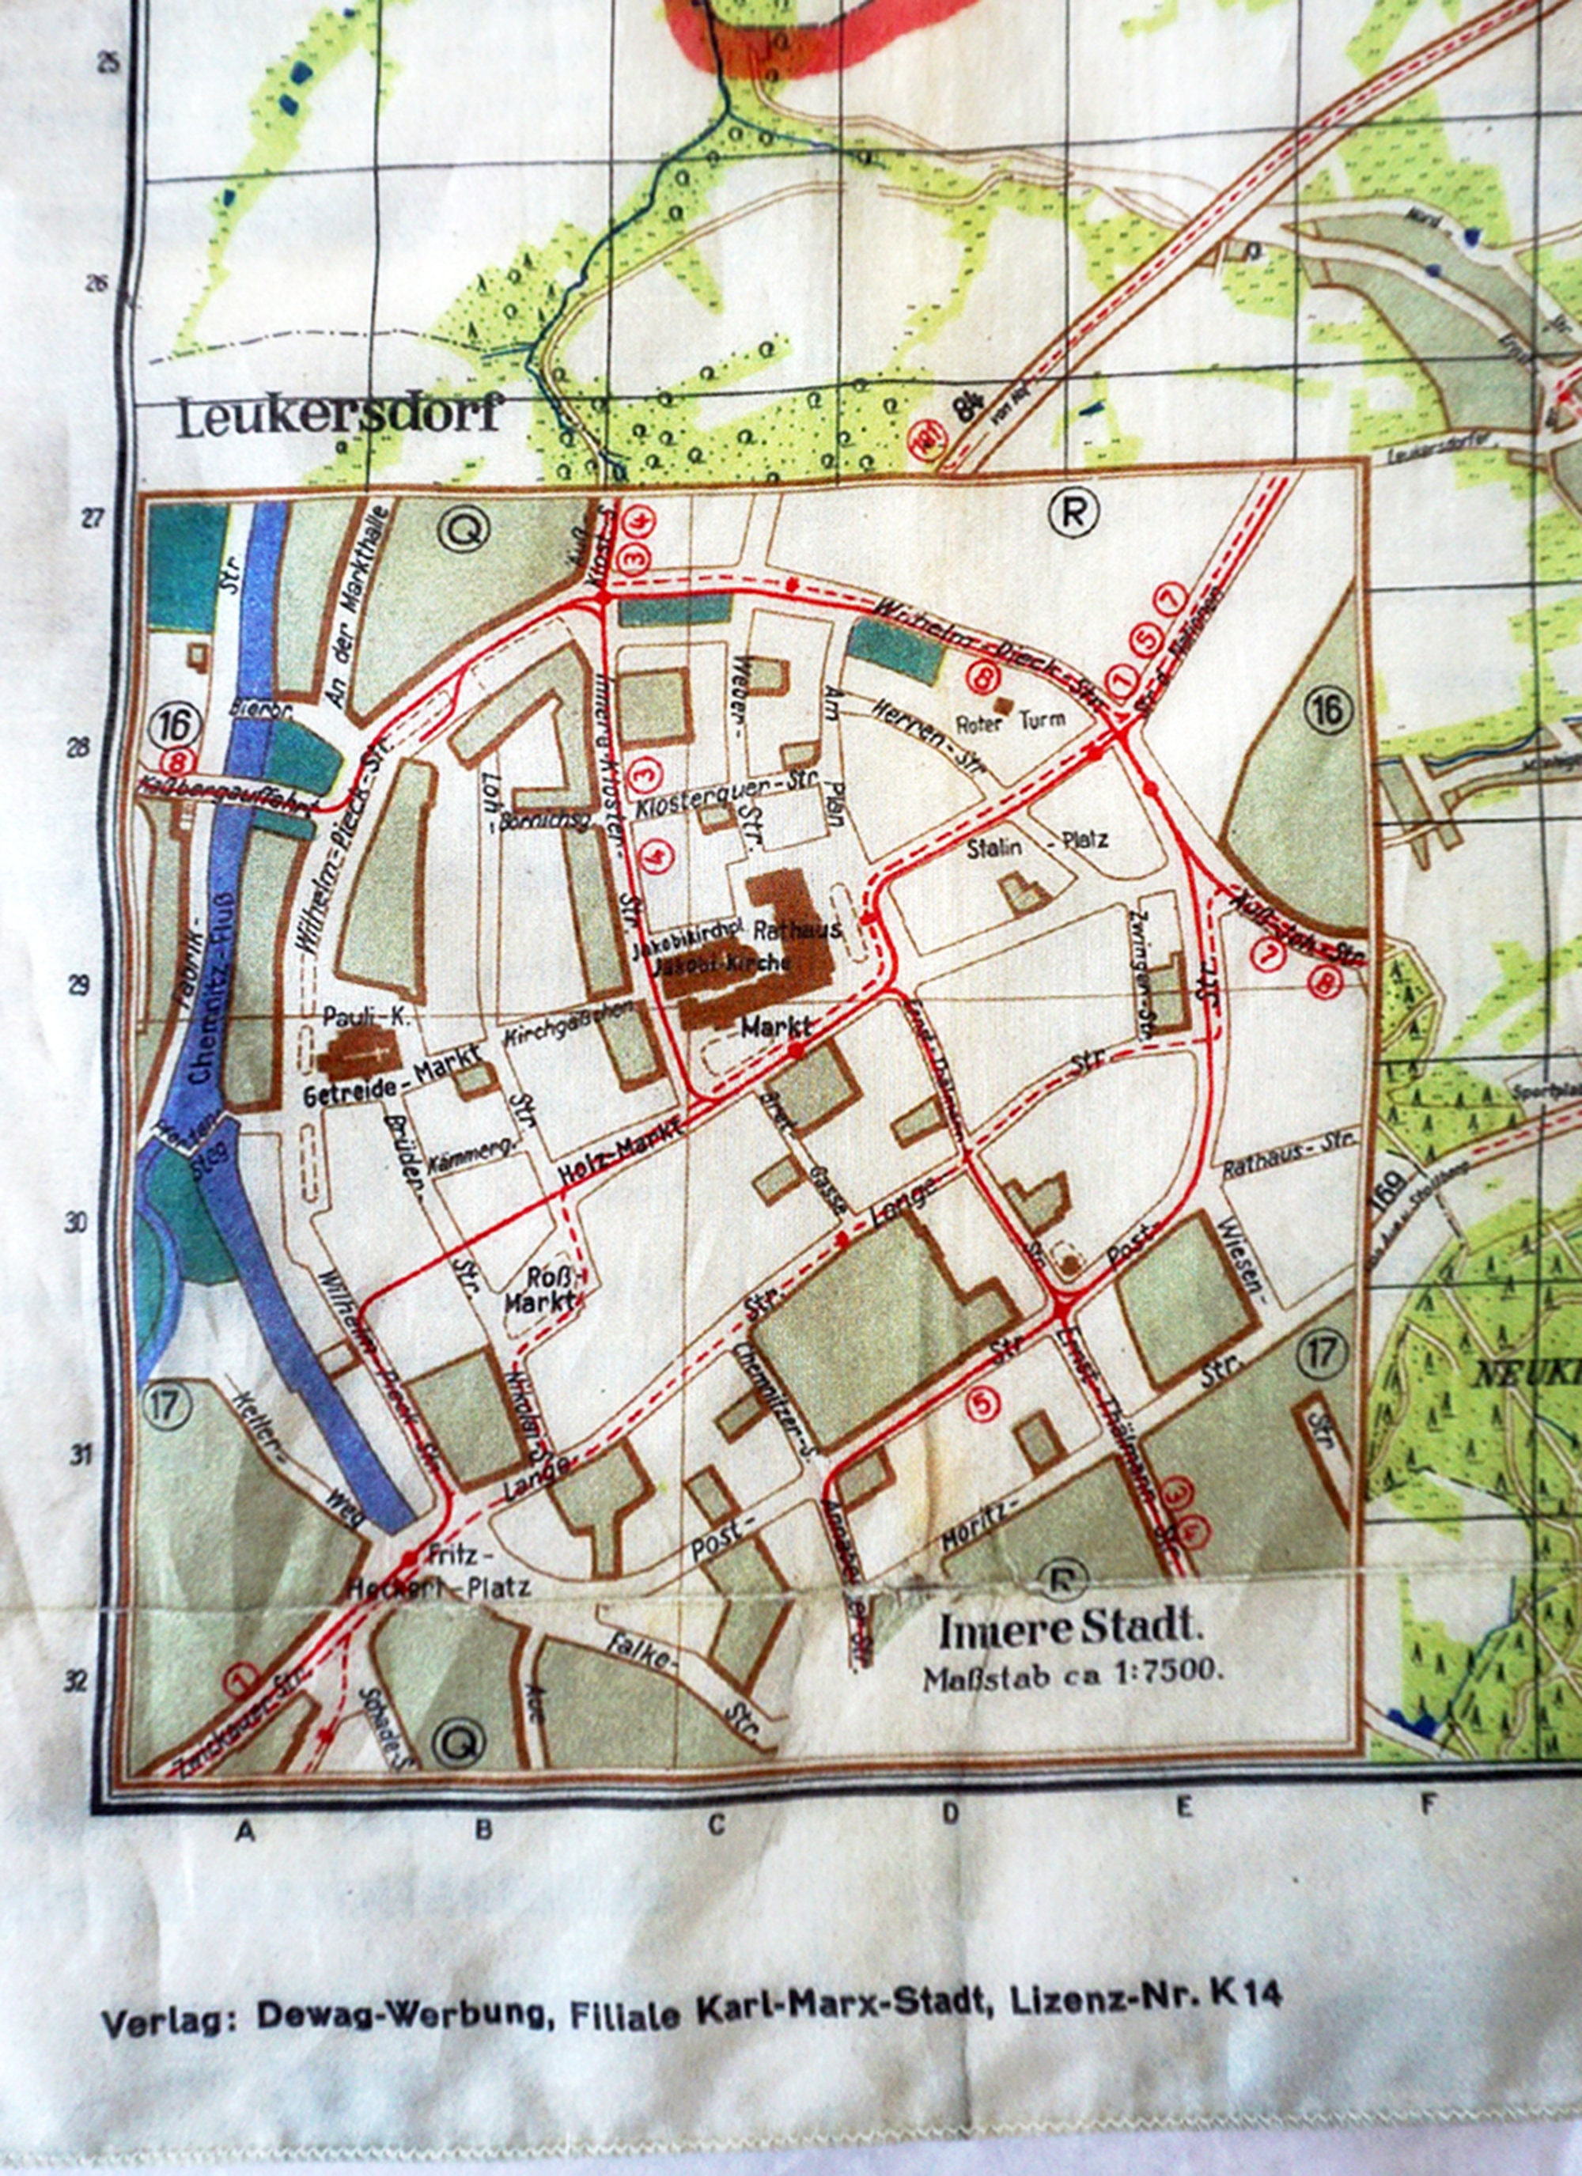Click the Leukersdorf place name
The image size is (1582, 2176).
(338, 418)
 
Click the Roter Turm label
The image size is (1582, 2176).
(1010, 721)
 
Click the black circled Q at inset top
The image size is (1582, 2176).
(464, 528)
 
